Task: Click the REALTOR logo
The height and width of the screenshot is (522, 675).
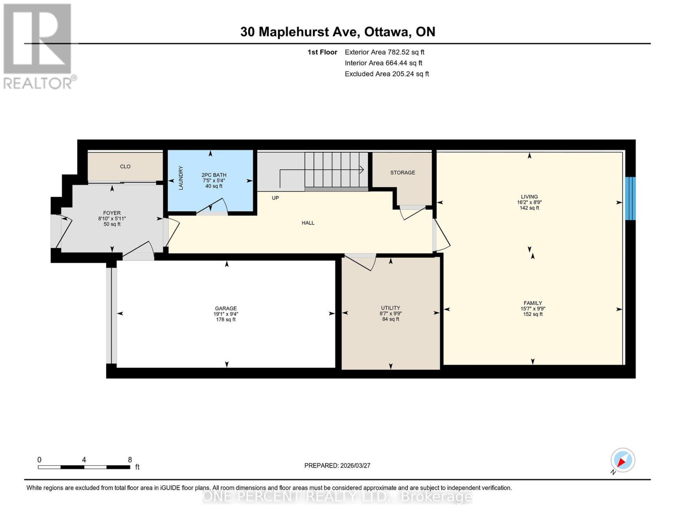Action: pyautogui.click(x=38, y=46)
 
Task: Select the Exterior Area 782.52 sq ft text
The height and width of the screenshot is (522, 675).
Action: pyautogui.click(x=384, y=52)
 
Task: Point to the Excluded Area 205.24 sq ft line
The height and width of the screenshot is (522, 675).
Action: pyautogui.click(x=386, y=74)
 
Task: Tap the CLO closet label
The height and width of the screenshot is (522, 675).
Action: pyautogui.click(x=125, y=167)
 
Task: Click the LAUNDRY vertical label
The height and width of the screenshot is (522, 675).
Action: pyautogui.click(x=181, y=178)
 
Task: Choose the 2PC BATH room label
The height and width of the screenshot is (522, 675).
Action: pyautogui.click(x=214, y=175)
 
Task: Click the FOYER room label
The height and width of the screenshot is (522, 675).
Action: pyautogui.click(x=112, y=213)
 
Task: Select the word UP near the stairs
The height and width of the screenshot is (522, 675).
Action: pyautogui.click(x=275, y=198)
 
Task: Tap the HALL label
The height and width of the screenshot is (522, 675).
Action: pyautogui.click(x=308, y=223)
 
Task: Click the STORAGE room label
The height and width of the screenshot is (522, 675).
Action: pyautogui.click(x=402, y=173)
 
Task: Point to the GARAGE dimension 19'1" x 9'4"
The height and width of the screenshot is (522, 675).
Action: pyautogui.click(x=226, y=314)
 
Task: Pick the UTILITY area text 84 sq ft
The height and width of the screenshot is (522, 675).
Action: pyautogui.click(x=390, y=319)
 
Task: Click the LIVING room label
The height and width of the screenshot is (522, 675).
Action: pyautogui.click(x=529, y=197)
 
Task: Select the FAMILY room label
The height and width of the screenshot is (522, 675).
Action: pyautogui.click(x=532, y=303)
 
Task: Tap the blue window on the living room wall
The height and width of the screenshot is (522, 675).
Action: pyautogui.click(x=630, y=198)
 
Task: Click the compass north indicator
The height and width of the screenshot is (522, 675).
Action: pyautogui.click(x=622, y=460)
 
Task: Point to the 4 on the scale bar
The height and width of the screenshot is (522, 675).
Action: pyautogui.click(x=84, y=460)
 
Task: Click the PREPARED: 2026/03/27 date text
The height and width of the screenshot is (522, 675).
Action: pyautogui.click(x=337, y=465)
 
